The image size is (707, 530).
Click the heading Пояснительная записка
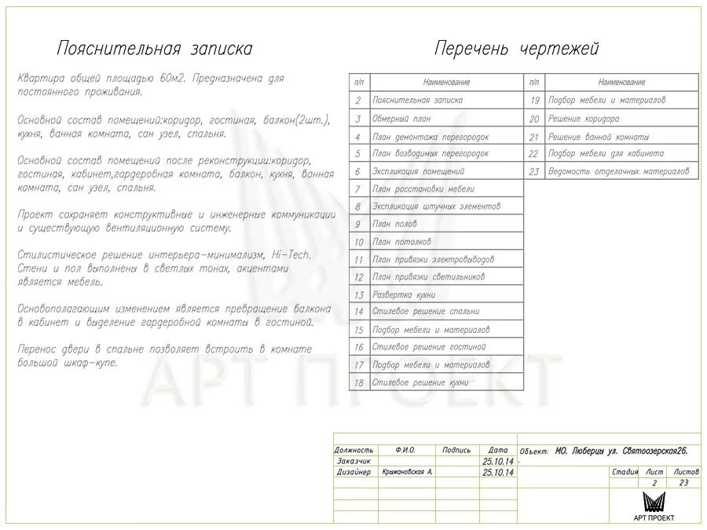click(155, 49)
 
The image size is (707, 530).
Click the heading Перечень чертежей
click(516, 49)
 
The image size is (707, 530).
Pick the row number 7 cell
click(358, 189)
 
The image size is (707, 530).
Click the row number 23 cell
click(534, 171)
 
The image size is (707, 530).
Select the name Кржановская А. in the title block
click(407, 473)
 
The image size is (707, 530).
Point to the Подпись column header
click(456, 450)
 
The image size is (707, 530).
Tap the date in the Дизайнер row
click(498, 473)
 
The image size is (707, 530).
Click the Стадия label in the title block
click(625, 472)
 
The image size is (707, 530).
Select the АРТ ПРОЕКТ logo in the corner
click(654, 506)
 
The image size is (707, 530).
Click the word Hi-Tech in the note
click(290, 255)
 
